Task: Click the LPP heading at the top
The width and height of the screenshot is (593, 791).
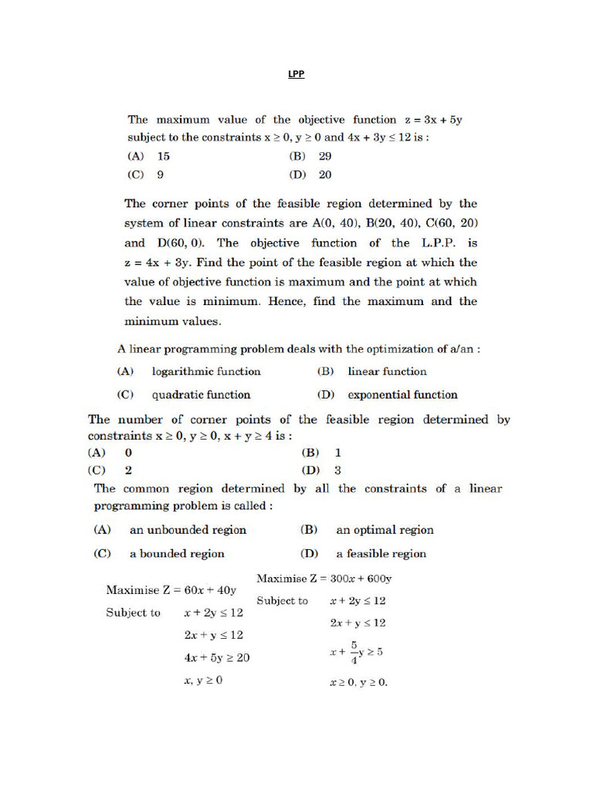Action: tap(296, 75)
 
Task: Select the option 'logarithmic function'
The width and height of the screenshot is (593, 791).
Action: tap(206, 372)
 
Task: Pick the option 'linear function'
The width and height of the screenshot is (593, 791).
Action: tap(387, 372)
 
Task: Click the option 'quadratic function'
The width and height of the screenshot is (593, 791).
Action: tap(201, 395)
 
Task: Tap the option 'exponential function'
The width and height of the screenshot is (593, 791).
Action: tap(402, 395)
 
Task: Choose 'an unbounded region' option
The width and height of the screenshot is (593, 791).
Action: tap(188, 530)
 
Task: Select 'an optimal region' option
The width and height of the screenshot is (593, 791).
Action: tap(385, 530)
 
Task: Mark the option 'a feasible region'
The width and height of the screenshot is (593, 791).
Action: tap(381, 554)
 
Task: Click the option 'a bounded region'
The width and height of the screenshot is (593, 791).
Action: tap(177, 554)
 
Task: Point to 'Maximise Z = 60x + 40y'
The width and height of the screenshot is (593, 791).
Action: tap(171, 590)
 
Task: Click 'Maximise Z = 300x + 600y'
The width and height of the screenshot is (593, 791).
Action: tap(324, 579)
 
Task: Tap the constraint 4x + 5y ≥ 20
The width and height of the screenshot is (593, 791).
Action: tap(216, 658)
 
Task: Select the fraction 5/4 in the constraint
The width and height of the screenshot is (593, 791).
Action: tap(354, 651)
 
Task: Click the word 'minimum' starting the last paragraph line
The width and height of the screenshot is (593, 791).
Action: tap(151, 321)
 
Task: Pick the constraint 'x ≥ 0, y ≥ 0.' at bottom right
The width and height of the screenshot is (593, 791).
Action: tap(358, 683)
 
